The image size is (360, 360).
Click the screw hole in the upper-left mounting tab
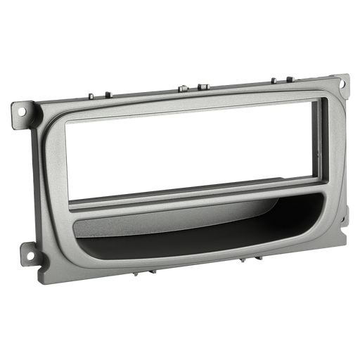tap(26, 110)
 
